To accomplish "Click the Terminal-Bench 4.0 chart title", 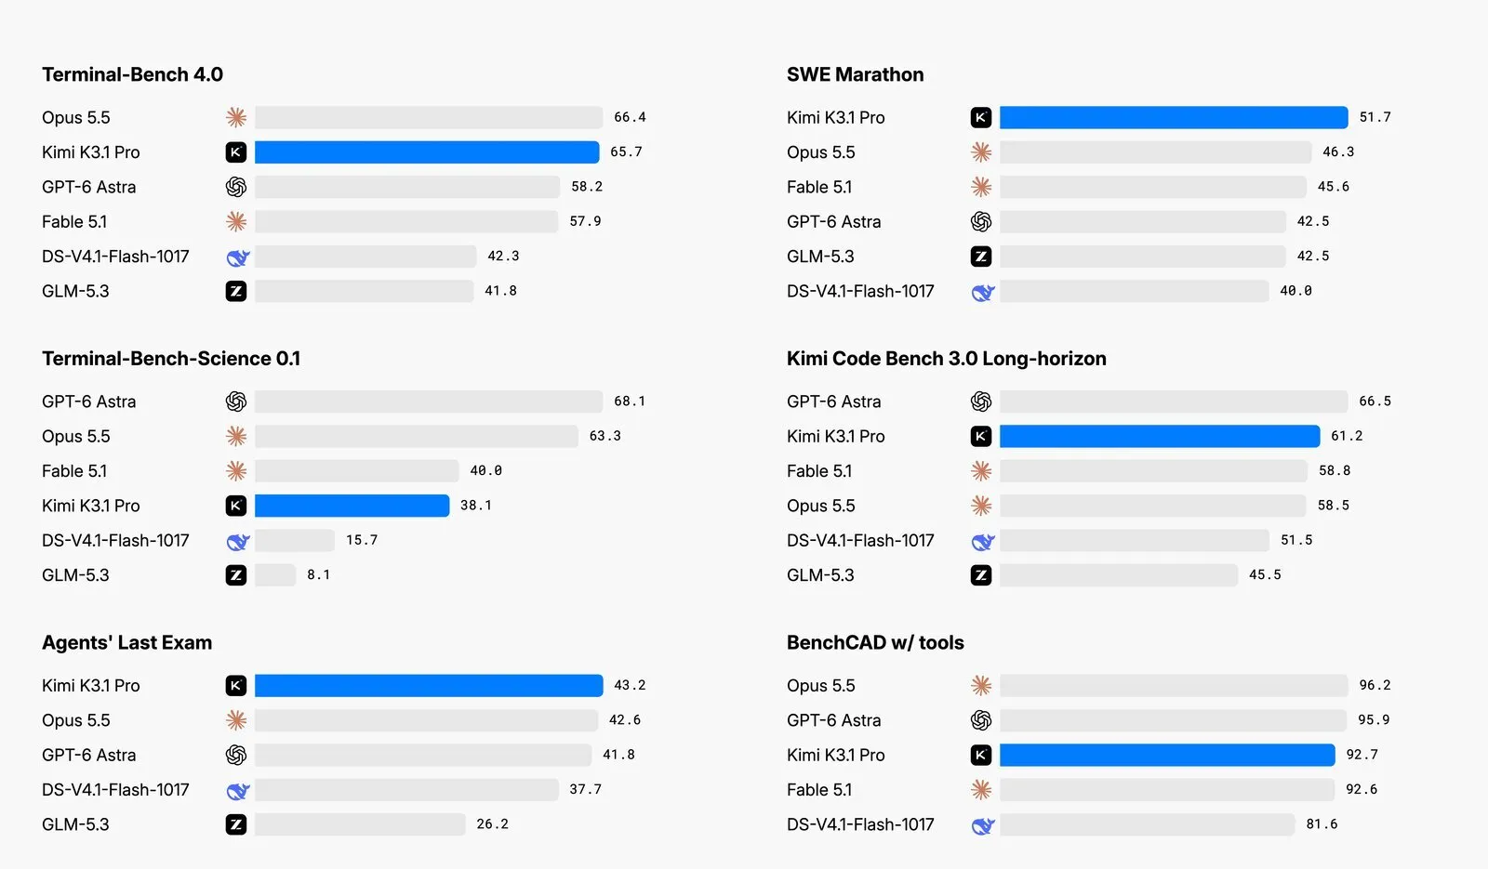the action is (x=132, y=74).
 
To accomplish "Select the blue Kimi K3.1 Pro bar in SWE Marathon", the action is (x=1174, y=117).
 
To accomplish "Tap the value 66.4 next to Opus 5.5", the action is (x=630, y=117).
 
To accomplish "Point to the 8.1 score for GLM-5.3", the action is (x=318, y=575).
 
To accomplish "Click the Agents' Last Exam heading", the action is (x=126, y=642).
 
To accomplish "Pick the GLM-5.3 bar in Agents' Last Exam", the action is (x=360, y=824).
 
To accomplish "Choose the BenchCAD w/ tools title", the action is (x=875, y=642).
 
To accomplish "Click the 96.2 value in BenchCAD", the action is (x=1375, y=685).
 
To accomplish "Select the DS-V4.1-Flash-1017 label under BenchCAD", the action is (x=860, y=824).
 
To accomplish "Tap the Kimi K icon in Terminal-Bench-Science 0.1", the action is (x=236, y=506).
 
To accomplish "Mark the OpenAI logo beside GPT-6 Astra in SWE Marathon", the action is (x=981, y=222).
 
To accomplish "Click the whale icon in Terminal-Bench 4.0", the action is (x=238, y=257).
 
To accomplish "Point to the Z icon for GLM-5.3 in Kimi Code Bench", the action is (x=981, y=575).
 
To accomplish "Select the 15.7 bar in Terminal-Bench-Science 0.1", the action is (x=294, y=540).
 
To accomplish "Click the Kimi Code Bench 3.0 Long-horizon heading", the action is (x=946, y=359).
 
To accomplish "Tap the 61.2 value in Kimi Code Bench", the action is (x=1347, y=436).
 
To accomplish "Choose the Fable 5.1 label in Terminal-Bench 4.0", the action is (x=74, y=222).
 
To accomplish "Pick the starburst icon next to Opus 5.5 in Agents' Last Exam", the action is (x=236, y=720).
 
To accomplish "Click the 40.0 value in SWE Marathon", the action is (x=1296, y=291).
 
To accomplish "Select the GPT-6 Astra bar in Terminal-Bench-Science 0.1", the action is (x=429, y=402).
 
